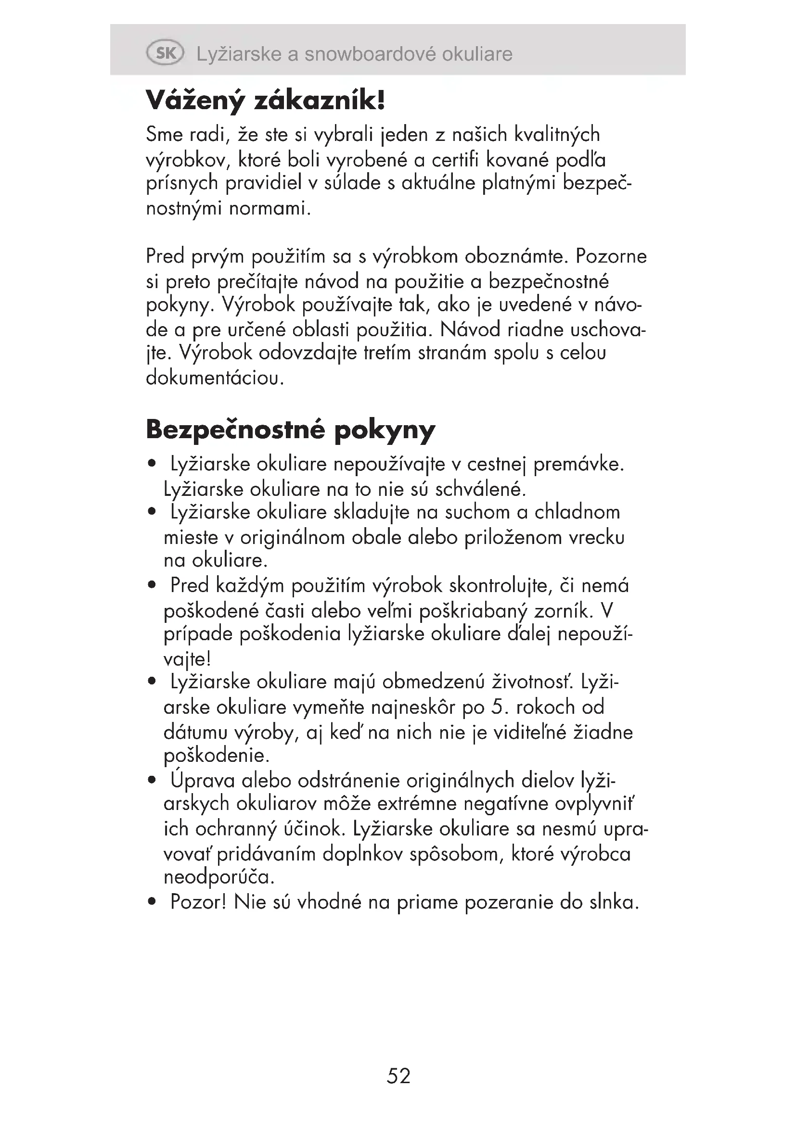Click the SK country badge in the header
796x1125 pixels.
[165, 53]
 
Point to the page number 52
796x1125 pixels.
[398, 1076]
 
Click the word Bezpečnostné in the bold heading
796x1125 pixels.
[235, 429]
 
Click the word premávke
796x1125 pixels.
[578, 464]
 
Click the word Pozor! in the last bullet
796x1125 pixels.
[198, 902]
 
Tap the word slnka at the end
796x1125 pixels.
[614, 902]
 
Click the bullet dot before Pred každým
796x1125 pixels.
[152, 584]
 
